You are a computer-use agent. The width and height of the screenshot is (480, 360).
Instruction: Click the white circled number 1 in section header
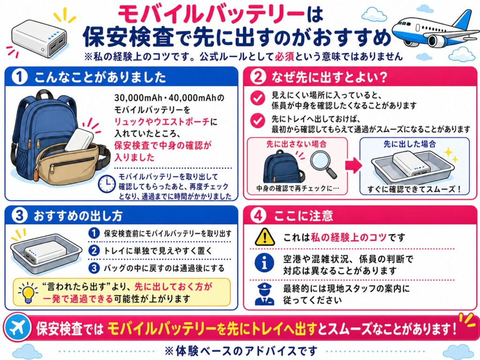pos(19,77)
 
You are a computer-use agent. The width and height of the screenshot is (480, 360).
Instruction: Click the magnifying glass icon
pos(323,164)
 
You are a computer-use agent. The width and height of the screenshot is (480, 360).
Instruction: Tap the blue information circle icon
pos(264,264)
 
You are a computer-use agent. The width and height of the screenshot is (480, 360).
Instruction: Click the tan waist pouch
pos(70,164)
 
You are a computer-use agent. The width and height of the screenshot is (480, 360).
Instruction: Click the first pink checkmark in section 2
pos(257,98)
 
